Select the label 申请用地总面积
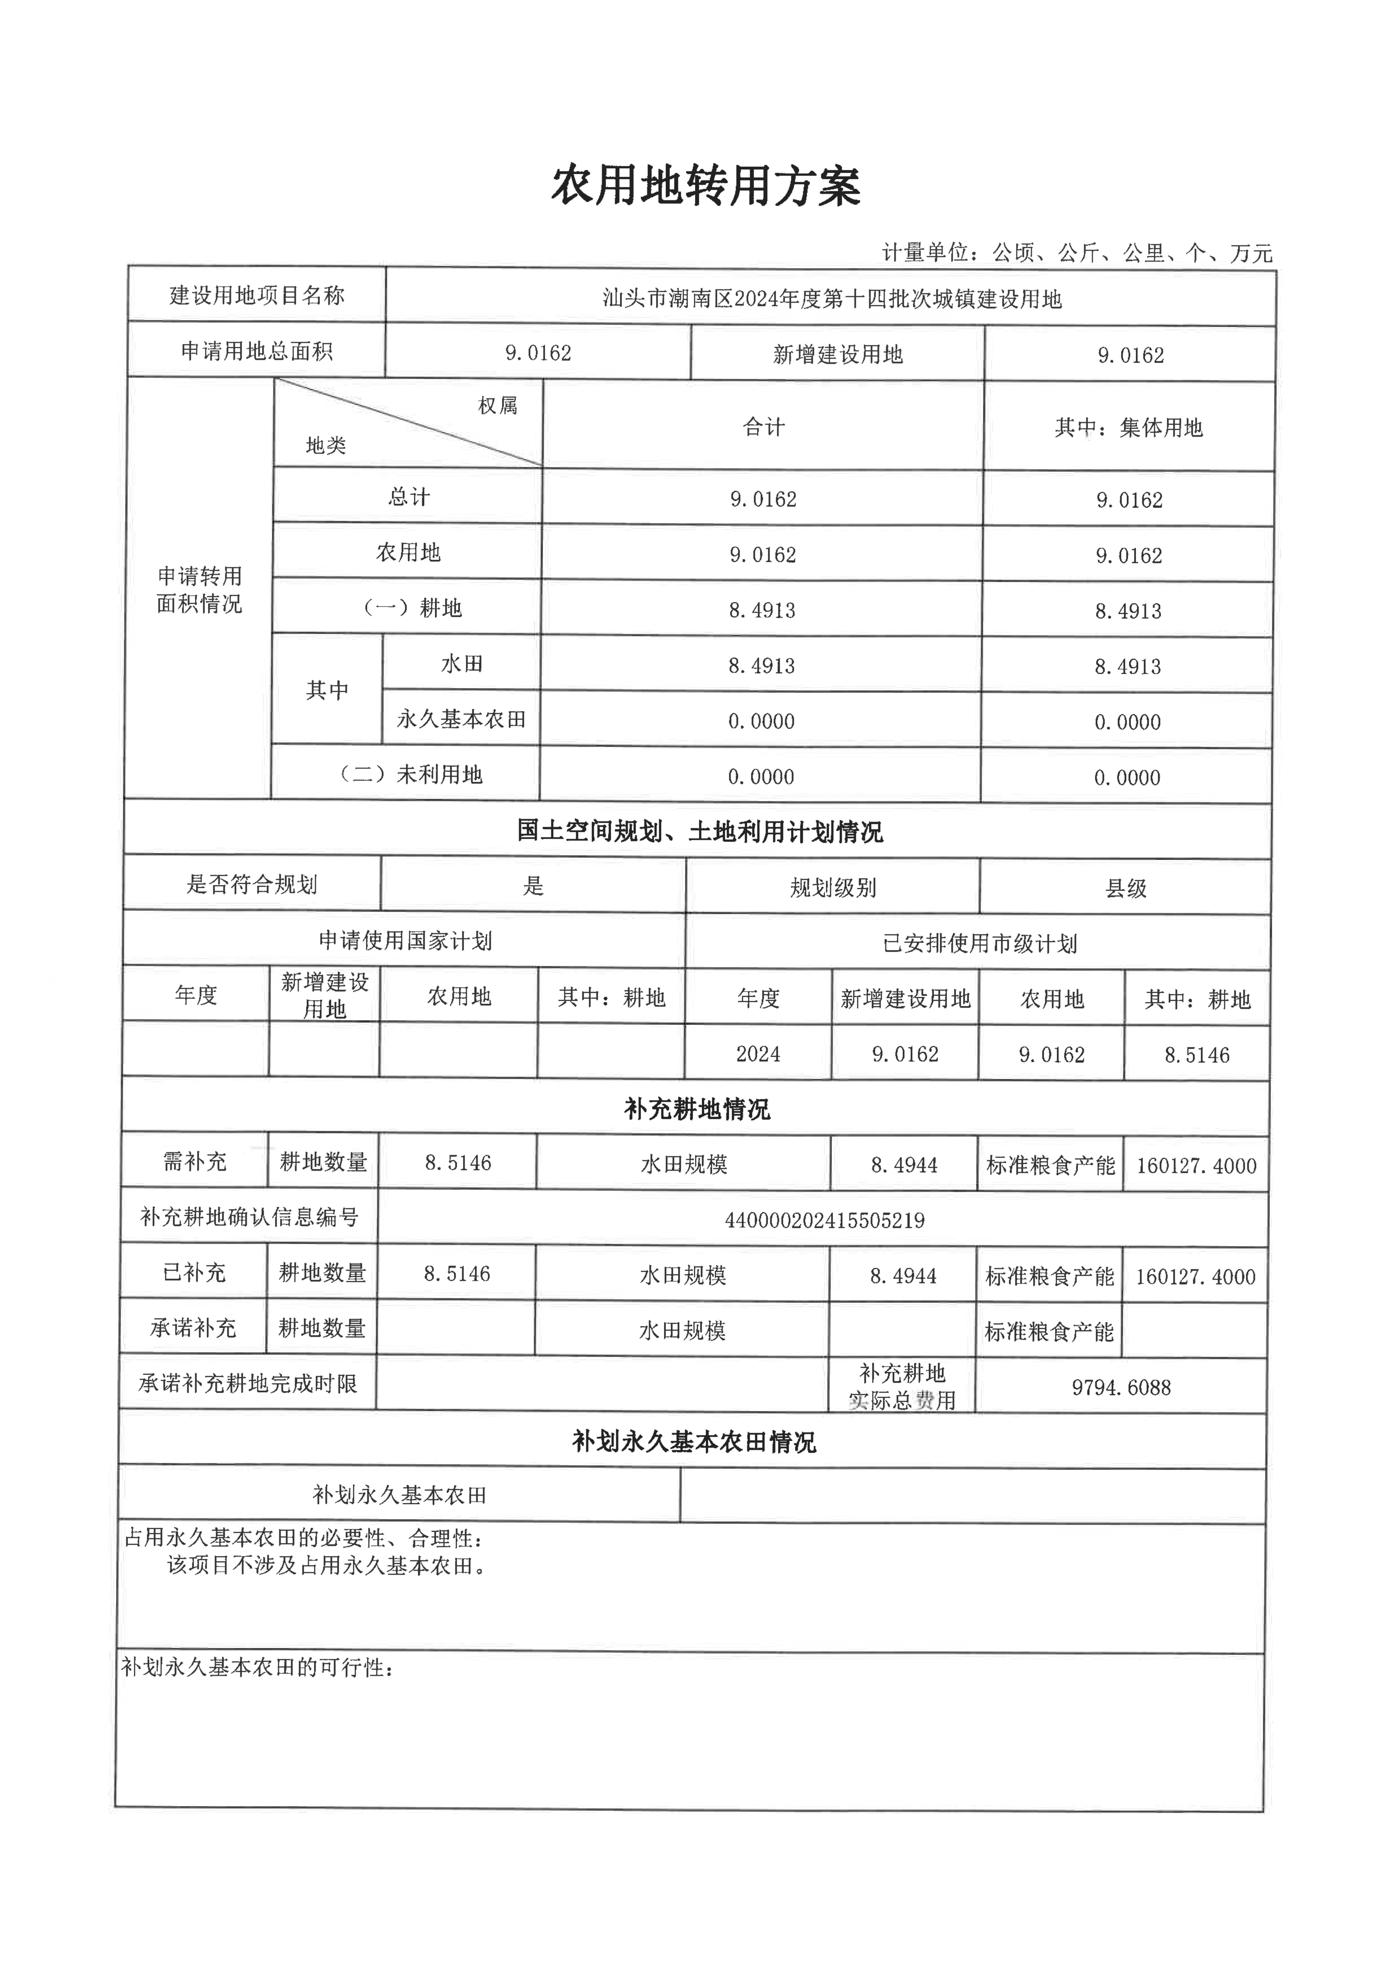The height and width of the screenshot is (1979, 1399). tap(257, 351)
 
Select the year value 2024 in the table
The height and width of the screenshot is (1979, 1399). tap(758, 1053)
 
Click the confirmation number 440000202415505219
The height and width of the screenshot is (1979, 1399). tap(825, 1220)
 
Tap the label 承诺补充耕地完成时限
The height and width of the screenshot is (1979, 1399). tap(248, 1383)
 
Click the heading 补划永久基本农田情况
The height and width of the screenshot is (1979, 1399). tap(694, 1441)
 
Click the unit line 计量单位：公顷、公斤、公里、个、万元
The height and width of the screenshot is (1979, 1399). tap(1077, 252)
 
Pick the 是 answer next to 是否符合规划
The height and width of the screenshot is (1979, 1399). tap(533, 885)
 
